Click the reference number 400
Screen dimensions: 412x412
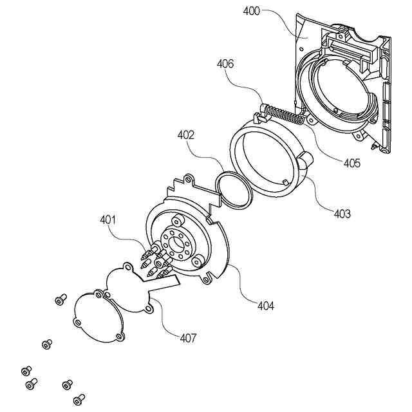point(252,12)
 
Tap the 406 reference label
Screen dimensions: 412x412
point(225,64)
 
